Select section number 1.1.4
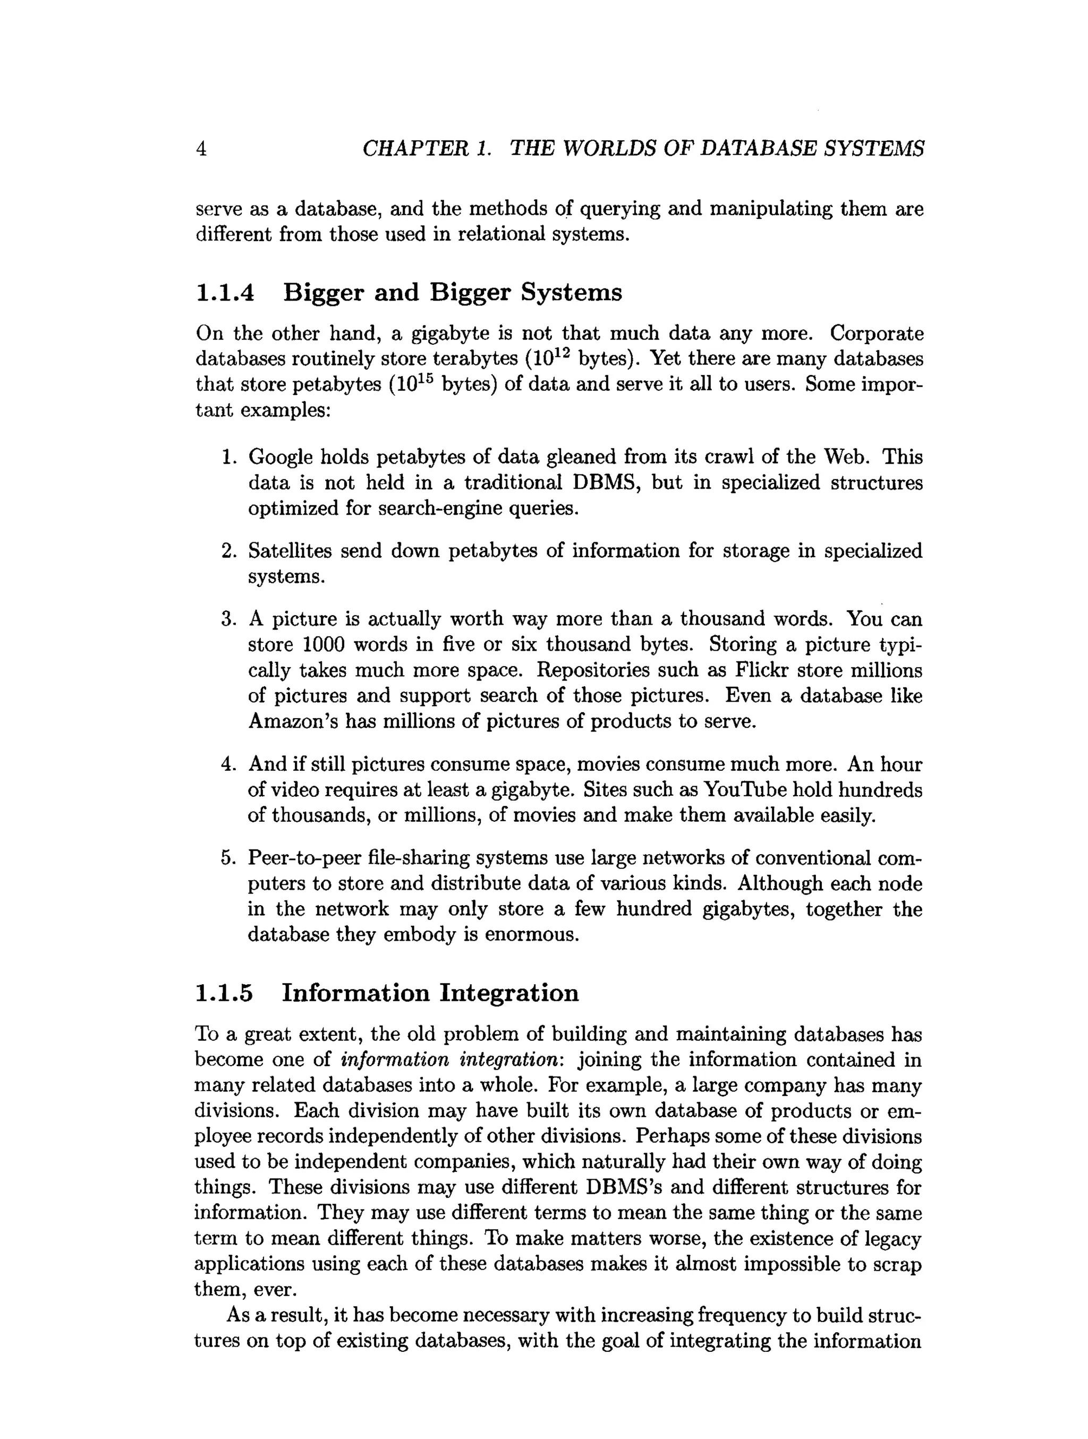[x=225, y=292]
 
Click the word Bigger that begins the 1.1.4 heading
[x=324, y=292]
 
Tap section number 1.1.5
[x=224, y=993]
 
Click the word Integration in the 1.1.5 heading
[x=509, y=993]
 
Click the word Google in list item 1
[x=280, y=457]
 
